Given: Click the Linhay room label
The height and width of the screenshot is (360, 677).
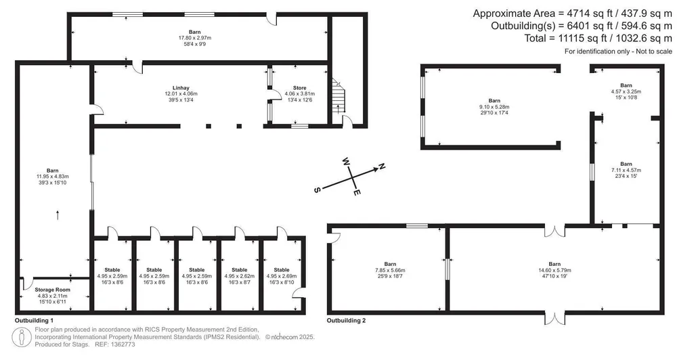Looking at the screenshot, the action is pyautogui.click(x=181, y=88).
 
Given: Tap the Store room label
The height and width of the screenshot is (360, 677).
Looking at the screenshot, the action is pyautogui.click(x=300, y=88).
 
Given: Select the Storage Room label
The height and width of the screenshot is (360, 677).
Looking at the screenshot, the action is pyautogui.click(x=53, y=290).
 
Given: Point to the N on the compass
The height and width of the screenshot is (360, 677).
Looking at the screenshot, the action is pyautogui.click(x=382, y=166).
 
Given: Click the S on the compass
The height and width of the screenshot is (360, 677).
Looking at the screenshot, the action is pyautogui.click(x=318, y=190).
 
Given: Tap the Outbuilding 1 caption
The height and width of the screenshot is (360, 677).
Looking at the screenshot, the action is pyautogui.click(x=34, y=321).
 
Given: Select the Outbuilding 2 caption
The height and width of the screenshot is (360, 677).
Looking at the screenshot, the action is pyautogui.click(x=346, y=321).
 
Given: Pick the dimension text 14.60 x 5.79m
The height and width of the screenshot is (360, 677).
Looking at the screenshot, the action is pyautogui.click(x=555, y=270).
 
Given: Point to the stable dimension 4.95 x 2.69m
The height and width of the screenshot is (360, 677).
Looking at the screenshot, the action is pyautogui.click(x=282, y=276).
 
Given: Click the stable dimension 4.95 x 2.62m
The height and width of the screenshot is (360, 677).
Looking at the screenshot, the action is pyautogui.click(x=239, y=276).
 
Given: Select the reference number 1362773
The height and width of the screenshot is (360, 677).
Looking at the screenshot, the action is pyautogui.click(x=123, y=344).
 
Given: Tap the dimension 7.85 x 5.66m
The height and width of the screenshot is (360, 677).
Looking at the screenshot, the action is pyautogui.click(x=391, y=270).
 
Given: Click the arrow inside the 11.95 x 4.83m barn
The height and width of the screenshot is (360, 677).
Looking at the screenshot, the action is pyautogui.click(x=58, y=215).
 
